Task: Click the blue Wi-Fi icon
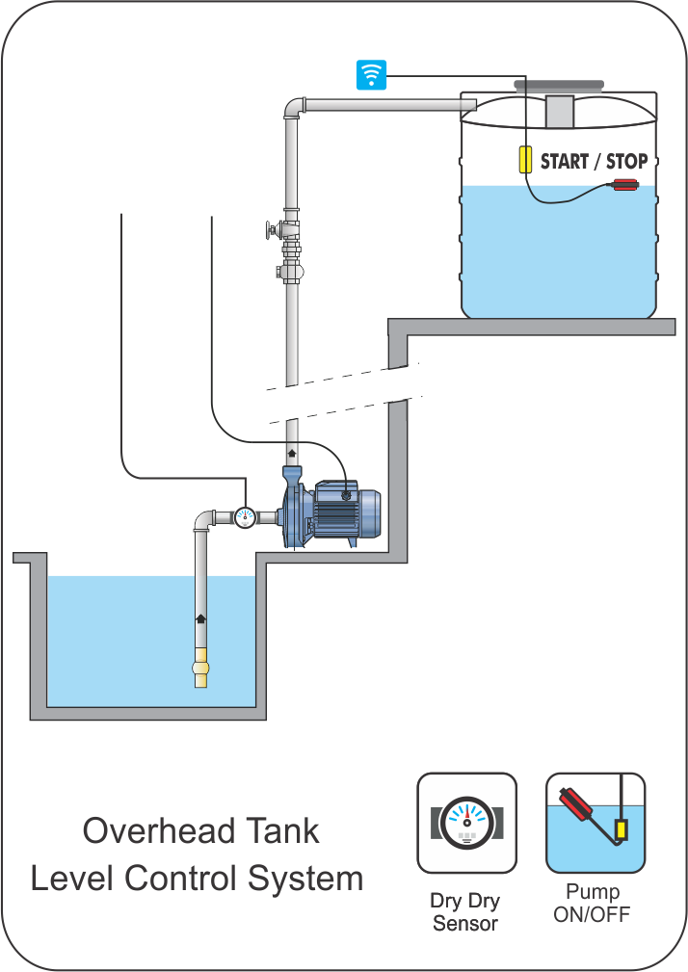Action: pos(371,74)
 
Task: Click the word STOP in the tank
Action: pos(626,161)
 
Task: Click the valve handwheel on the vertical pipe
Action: pos(269,230)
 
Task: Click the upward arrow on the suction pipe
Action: pos(201,618)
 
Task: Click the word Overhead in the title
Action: pos(147,830)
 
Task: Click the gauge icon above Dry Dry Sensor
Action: pos(466,823)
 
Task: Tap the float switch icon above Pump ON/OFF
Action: pos(595,823)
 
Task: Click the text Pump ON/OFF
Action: pos(593,903)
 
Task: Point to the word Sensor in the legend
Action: pos(465,923)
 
